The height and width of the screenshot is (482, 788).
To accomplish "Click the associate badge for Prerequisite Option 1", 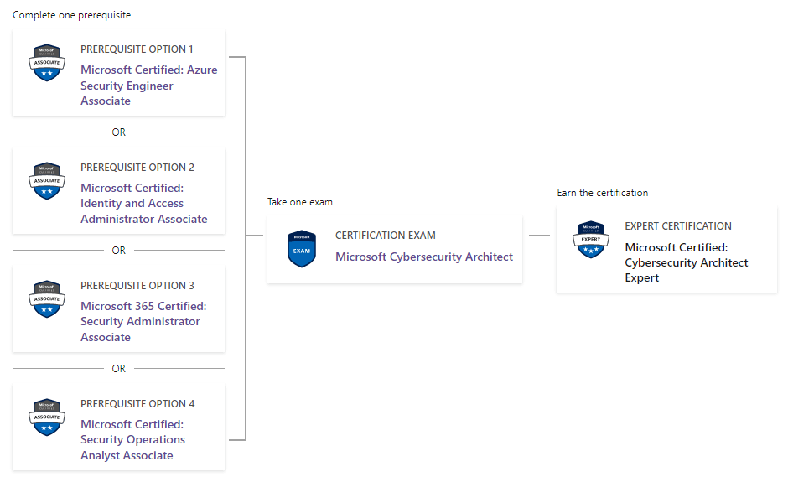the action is (x=47, y=62).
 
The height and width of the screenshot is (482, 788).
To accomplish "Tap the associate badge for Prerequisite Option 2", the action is (x=47, y=180).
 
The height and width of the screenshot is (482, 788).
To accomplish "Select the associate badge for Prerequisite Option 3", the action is (x=47, y=298).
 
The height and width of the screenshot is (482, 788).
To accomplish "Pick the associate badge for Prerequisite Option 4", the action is (x=47, y=417).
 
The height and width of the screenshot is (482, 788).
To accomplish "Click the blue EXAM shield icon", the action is (x=302, y=249).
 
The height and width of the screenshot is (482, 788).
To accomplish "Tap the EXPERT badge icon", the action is (x=591, y=239).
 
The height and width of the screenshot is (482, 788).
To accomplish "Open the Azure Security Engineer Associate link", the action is (x=148, y=86).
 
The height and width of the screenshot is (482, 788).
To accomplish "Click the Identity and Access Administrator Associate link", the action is (x=143, y=204).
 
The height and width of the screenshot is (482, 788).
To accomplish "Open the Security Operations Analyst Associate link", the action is (x=132, y=440).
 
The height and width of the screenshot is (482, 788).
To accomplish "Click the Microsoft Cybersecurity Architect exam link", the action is (x=424, y=257).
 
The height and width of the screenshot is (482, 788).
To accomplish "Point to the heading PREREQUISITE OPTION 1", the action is (x=137, y=49).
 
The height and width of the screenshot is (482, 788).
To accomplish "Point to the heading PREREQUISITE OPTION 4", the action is (x=137, y=403).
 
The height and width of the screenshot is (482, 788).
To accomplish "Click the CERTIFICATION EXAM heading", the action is (x=386, y=236).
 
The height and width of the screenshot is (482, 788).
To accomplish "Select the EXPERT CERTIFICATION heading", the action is (x=678, y=226).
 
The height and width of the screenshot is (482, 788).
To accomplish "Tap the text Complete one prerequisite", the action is (x=71, y=15).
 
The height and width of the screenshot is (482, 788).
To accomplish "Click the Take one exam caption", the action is (x=299, y=202).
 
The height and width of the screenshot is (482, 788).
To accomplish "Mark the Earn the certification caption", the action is (x=602, y=193).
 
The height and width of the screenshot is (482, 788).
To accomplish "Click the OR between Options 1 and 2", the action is (x=118, y=132).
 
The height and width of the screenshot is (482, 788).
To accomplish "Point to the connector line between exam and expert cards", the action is (x=539, y=236).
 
